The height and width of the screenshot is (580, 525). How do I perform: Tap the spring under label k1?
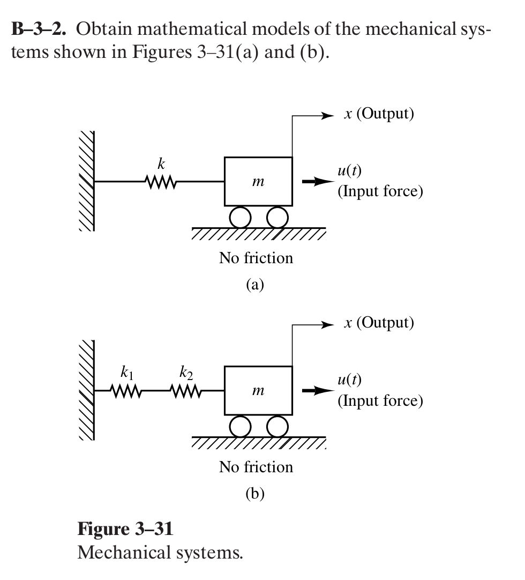126,391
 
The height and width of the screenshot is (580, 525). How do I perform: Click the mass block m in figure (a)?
258,182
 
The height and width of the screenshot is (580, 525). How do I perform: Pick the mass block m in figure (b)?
258,391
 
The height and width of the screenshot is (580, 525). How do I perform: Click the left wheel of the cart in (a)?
240,217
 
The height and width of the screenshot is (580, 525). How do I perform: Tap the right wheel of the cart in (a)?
277,217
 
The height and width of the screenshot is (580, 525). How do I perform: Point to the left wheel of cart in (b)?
240,426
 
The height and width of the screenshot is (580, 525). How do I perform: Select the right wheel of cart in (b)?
277,426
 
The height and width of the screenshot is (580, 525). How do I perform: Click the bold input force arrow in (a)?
314,182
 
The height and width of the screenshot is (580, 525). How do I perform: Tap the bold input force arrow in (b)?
314,391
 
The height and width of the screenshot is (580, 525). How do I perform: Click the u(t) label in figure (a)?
349,171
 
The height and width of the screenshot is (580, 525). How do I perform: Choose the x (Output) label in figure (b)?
379,323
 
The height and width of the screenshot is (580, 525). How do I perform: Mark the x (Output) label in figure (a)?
379,114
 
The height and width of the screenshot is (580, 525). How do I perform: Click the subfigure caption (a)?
255,284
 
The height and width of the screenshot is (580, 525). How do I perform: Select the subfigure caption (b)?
255,493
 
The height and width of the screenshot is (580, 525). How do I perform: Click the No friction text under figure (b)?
256,467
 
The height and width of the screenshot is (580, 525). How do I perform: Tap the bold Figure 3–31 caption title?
125,529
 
